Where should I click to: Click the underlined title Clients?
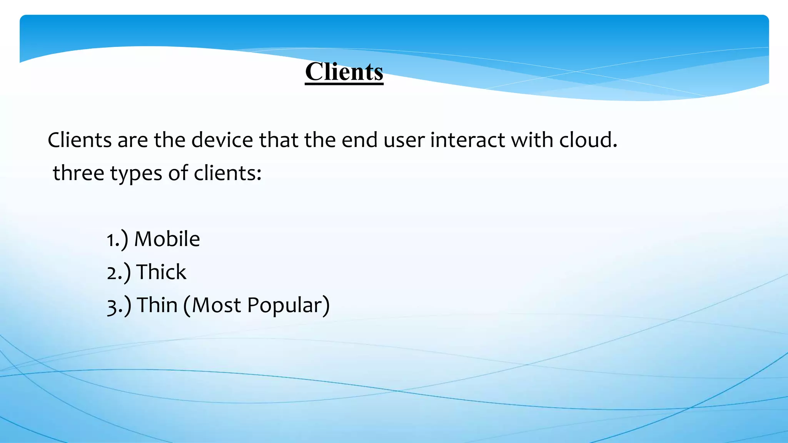coord(344,72)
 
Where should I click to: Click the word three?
coord(78,173)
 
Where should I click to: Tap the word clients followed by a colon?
coord(227,173)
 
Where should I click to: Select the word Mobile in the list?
coord(167,239)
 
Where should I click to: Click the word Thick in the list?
coord(161,272)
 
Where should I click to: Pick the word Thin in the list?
coord(157,305)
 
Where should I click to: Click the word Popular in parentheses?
coord(284,306)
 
